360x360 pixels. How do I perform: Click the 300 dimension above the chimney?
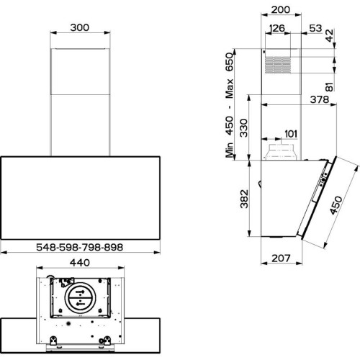tap(80, 27)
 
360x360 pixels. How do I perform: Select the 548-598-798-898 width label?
tap(79, 247)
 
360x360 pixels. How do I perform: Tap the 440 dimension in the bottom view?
tap(80, 263)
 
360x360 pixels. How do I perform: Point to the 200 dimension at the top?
tap(281, 10)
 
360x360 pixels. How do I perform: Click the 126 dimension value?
tap(277, 28)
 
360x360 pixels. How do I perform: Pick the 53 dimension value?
tap(315, 28)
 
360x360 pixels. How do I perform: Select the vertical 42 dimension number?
tap(329, 35)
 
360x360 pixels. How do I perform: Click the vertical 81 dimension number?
tap(330, 87)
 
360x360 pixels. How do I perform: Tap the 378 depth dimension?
tap(320, 99)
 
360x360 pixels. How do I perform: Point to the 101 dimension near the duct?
tap(291, 134)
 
